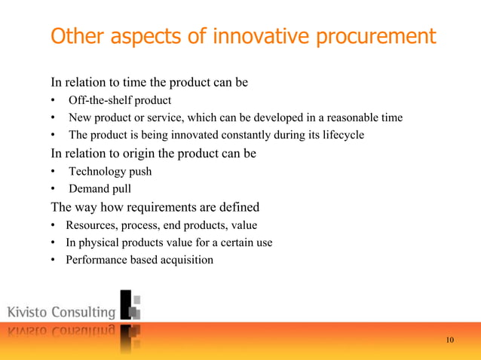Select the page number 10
click(450, 340)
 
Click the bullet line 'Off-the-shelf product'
click(120, 100)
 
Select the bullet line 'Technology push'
click(110, 171)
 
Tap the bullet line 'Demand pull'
click(100, 189)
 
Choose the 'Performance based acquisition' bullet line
click(139, 261)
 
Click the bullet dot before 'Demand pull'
click(54, 189)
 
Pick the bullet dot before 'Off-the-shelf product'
click(54, 100)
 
